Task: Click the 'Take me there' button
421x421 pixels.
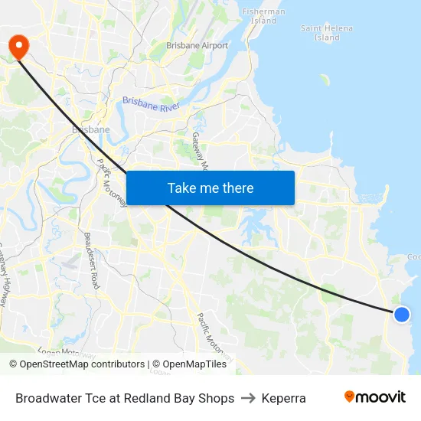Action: [x=210, y=188]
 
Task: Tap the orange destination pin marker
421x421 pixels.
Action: [x=17, y=47]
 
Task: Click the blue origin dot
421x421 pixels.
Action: [x=401, y=314]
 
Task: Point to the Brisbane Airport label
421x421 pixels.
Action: [x=197, y=46]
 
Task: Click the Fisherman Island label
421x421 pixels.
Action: [x=263, y=16]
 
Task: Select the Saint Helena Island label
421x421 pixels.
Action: [x=326, y=33]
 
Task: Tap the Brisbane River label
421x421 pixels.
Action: [x=150, y=105]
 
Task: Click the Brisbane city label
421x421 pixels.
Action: [x=90, y=129]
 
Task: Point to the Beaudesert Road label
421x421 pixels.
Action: [x=91, y=260]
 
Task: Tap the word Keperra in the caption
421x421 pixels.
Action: [x=283, y=398]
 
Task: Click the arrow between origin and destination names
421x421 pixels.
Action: [x=248, y=398]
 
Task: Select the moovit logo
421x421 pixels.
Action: [x=375, y=397]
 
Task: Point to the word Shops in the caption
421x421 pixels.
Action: [x=216, y=398]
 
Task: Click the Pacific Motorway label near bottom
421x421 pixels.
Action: [x=214, y=338]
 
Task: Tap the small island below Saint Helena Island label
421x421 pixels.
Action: [x=325, y=80]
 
